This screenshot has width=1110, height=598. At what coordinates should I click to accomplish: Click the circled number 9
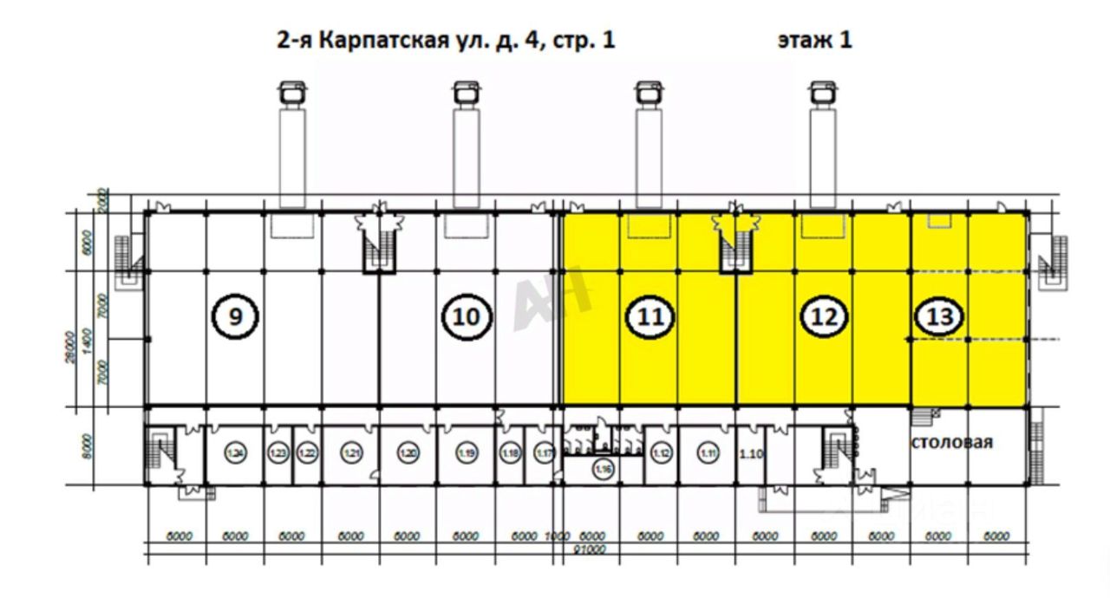pos(234,317)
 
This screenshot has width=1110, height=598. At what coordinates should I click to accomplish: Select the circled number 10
pos(467,317)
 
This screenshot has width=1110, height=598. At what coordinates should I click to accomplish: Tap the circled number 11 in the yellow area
pos(650,317)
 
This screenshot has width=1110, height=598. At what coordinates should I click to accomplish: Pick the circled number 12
pos(823,317)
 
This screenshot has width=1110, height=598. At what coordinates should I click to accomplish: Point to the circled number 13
pos(939,317)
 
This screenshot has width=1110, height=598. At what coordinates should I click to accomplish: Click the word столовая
pos(951,442)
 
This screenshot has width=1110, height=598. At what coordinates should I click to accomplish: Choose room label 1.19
pos(467,452)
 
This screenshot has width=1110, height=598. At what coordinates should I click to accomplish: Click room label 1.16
pos(604,469)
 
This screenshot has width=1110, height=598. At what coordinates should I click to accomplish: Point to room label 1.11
pos(708,452)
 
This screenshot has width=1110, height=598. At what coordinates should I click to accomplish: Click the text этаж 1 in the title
pos(815,40)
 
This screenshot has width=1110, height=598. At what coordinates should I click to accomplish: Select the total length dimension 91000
pos(592,549)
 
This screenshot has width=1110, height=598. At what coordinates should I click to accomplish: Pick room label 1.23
pos(278,452)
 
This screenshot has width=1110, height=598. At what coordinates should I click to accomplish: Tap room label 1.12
pos(662,452)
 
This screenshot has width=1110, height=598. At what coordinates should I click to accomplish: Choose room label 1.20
pos(408,452)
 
